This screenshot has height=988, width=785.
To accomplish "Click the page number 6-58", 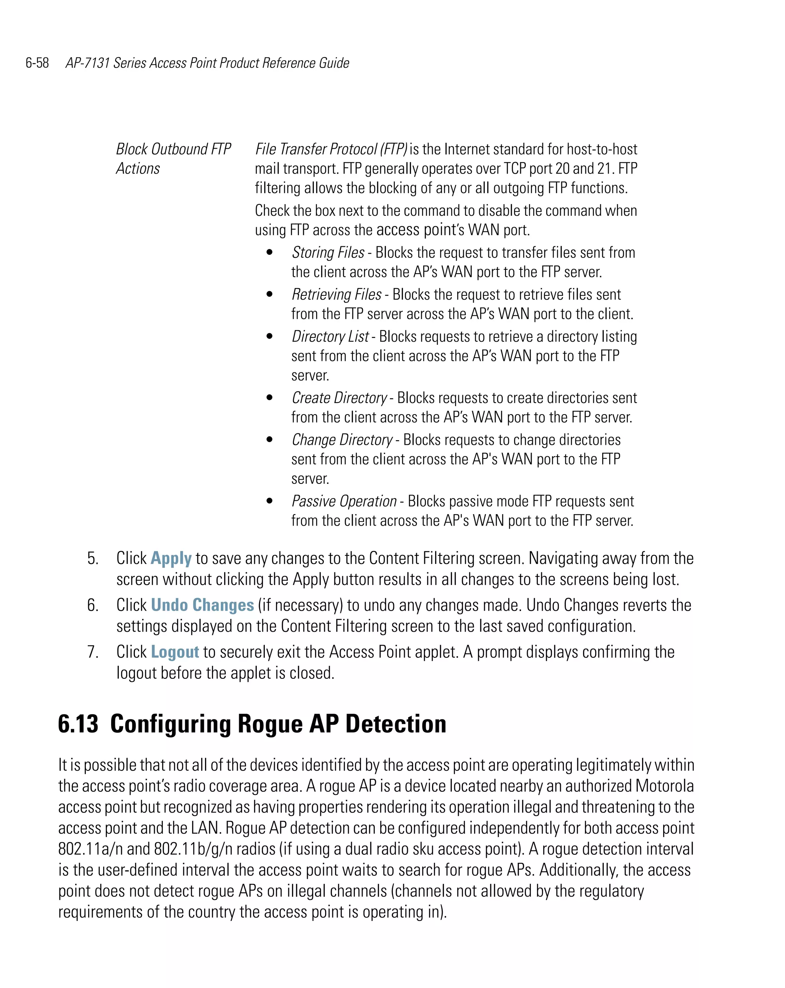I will pyautogui.click(x=37, y=63).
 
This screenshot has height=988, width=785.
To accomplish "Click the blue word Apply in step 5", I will pyautogui.click(x=171, y=559).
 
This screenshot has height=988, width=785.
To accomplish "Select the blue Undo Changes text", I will pyautogui.click(x=202, y=605).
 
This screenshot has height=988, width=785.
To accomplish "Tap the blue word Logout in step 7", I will pyautogui.click(x=175, y=652).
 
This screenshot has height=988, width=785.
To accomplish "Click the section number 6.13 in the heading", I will pyautogui.click(x=78, y=724).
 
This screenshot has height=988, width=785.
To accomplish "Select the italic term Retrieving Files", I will pyautogui.click(x=337, y=295).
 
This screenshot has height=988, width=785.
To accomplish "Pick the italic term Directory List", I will pyautogui.click(x=330, y=337).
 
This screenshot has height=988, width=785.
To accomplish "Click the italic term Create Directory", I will pyautogui.click(x=339, y=398).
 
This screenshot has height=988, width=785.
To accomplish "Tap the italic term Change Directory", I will pyautogui.click(x=342, y=440).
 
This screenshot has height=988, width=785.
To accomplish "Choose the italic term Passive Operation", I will pyautogui.click(x=344, y=501).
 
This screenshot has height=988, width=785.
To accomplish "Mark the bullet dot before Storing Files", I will pyautogui.click(x=269, y=252).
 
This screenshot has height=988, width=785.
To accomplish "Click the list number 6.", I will pyautogui.click(x=93, y=605).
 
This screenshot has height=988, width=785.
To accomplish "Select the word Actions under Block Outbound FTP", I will pyautogui.click(x=138, y=169).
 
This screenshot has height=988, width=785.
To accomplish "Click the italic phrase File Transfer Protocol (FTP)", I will pyautogui.click(x=331, y=149).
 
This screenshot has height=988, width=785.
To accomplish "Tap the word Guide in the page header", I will pyautogui.click(x=334, y=63).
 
